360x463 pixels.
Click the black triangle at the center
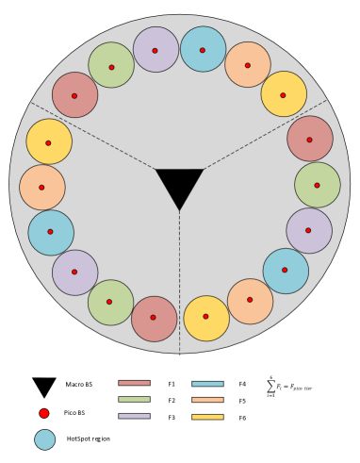[x=179, y=184]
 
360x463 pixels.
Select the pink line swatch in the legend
[x=134, y=383]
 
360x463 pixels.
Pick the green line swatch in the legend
[x=134, y=399]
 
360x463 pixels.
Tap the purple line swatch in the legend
[x=134, y=416]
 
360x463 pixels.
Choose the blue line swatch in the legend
[x=207, y=384]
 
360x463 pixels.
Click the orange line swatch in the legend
[x=207, y=400]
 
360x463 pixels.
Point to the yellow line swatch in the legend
[x=207, y=417]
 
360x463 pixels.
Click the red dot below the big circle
[x=44, y=413]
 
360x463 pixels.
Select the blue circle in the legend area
[x=44, y=439]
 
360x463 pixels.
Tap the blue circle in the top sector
[x=203, y=49]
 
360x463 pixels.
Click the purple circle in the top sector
[x=155, y=49]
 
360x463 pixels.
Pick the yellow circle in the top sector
[x=284, y=94]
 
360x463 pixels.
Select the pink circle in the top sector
[x=74, y=95]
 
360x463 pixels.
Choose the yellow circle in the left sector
[x=49, y=141]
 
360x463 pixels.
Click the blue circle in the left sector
[x=51, y=233]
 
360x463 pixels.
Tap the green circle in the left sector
[x=111, y=303]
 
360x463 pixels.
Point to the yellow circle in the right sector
[x=206, y=318]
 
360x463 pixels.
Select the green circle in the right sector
[x=318, y=185]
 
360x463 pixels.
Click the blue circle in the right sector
[x=286, y=271]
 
